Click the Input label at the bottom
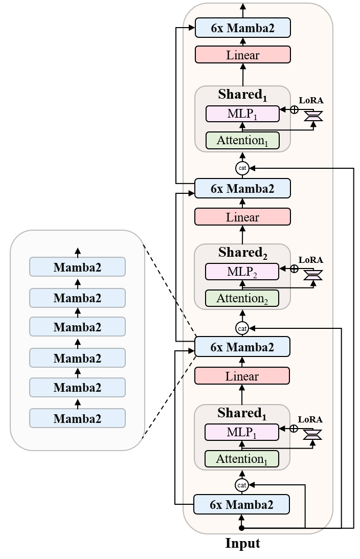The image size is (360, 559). (x=242, y=543)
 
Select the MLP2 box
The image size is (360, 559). (x=242, y=272)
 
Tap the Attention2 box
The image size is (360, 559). (x=242, y=298)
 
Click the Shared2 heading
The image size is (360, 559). (x=242, y=253)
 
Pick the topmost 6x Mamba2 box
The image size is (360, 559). (x=243, y=28)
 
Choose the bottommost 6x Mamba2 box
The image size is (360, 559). (x=241, y=504)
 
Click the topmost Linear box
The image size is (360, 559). (x=243, y=55)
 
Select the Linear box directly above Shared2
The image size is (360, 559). (x=242, y=217)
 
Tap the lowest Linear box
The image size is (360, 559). (x=242, y=376)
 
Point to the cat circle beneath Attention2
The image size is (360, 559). (x=242, y=327)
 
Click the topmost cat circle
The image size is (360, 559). (x=242, y=167)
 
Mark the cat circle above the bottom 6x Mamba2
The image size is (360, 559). (x=242, y=484)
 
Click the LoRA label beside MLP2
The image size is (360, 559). (x=311, y=260)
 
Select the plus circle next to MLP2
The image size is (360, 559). (x=294, y=269)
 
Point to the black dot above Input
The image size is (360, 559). (x=242, y=528)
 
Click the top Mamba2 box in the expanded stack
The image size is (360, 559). (x=77, y=266)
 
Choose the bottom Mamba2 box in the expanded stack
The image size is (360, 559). (x=77, y=418)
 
